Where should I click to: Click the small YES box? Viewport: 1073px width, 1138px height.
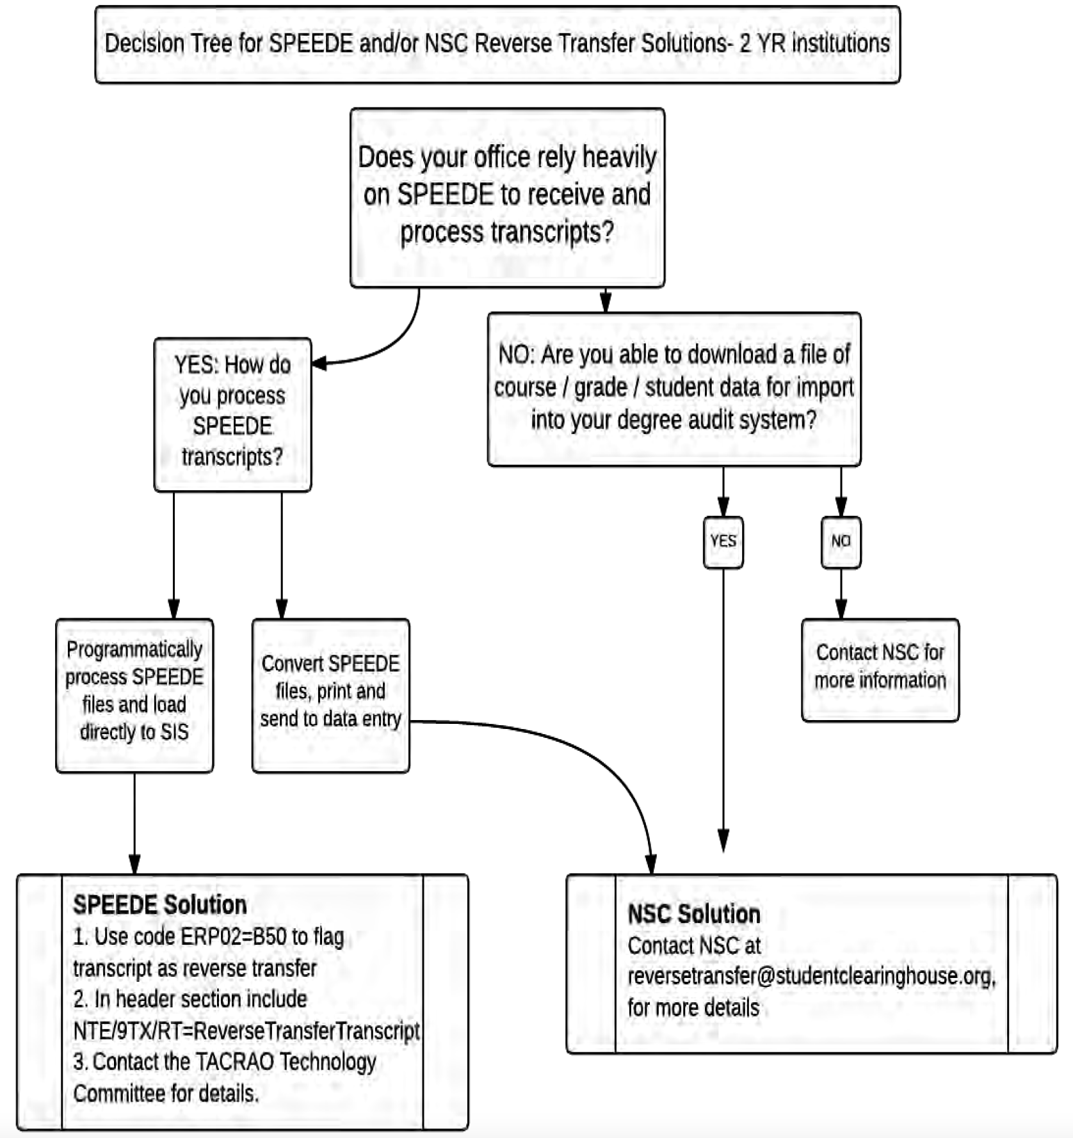coord(723,542)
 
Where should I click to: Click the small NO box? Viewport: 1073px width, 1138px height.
coord(841,542)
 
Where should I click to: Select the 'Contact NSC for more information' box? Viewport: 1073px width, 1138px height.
coord(880,670)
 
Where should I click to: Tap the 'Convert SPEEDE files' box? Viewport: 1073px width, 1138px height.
coord(330,696)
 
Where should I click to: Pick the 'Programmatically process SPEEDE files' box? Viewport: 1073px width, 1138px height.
coord(134,696)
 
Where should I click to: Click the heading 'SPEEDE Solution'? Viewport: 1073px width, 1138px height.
coord(160,904)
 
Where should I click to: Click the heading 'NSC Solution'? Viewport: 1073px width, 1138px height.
coord(694,914)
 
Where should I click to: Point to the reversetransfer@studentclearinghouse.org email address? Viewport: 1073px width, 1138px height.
coord(811,977)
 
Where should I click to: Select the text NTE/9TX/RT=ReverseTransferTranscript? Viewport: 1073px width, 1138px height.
coord(246,1030)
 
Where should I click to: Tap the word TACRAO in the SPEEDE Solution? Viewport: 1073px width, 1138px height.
coord(235,1061)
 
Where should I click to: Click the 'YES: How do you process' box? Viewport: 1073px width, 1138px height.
coord(232,415)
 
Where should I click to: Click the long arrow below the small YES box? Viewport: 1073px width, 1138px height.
coord(723,710)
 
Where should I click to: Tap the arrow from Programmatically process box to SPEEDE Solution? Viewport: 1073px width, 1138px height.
coord(134,824)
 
